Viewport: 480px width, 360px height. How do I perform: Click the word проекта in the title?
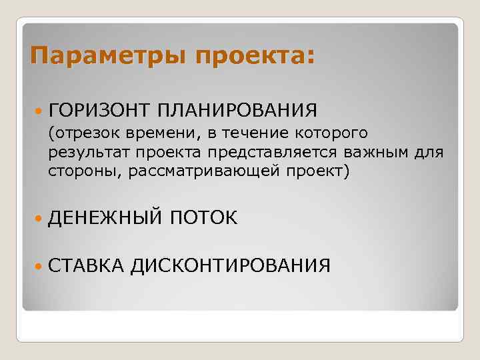pyautogui.click(x=253, y=54)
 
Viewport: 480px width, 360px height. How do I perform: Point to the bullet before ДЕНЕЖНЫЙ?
pyautogui.click(x=37, y=217)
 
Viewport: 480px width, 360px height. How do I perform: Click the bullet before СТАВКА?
pyautogui.click(x=37, y=267)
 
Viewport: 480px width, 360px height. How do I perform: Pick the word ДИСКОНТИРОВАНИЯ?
pyautogui.click(x=230, y=267)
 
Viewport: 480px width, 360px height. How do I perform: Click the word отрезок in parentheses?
pyautogui.click(x=79, y=134)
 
